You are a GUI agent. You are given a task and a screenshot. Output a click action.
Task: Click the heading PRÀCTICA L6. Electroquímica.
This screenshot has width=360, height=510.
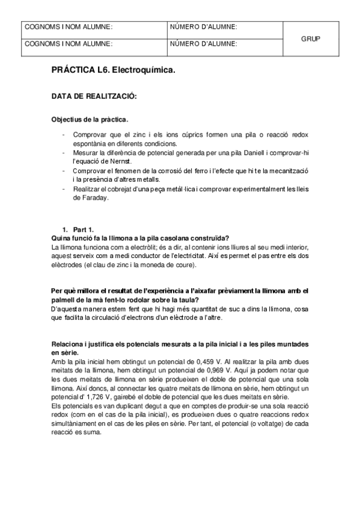114,71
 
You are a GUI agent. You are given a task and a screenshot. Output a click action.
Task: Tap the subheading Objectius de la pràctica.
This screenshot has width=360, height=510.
90,120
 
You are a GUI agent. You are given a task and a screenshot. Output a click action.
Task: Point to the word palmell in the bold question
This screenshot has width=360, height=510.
64,300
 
